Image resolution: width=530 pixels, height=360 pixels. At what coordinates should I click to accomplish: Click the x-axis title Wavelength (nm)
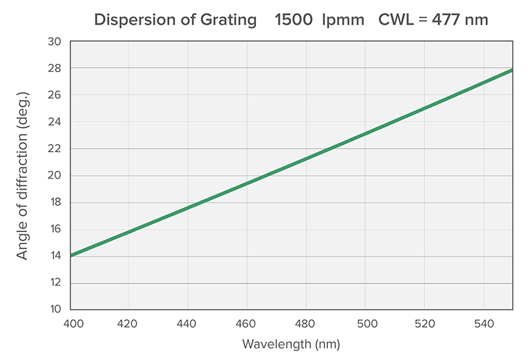291,343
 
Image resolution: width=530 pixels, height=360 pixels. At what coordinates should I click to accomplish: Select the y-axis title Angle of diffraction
23,176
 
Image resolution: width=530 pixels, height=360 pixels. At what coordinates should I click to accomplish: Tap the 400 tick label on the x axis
72,323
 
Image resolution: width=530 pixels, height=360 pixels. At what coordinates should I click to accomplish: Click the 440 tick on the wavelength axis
188,323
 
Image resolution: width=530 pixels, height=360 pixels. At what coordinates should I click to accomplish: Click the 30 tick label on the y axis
55,41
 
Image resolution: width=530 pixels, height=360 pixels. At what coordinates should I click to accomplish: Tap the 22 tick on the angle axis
55,149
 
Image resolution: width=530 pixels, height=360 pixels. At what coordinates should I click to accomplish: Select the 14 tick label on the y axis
55,256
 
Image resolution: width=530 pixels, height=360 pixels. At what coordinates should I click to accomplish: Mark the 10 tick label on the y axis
55,309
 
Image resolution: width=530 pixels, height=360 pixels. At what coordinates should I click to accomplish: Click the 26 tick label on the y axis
55,95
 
